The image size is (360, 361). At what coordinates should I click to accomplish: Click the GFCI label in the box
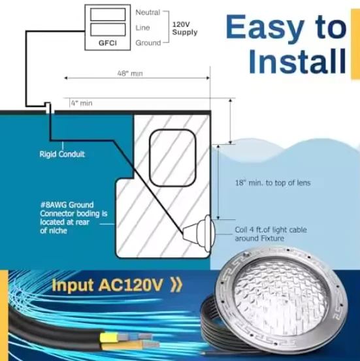[108, 43]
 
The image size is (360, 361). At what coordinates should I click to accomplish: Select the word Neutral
[148, 12]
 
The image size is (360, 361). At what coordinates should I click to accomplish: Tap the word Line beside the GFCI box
[142, 27]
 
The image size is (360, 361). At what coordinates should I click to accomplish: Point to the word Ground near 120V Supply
[148, 43]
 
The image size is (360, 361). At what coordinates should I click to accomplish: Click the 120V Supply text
[185, 28]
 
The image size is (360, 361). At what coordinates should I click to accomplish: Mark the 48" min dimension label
[130, 74]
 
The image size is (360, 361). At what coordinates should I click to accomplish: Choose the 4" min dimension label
[82, 103]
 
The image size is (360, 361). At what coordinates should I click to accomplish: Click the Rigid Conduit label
[62, 154]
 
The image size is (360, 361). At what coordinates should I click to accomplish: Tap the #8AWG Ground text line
[67, 205]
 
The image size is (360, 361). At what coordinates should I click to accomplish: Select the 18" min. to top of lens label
[273, 183]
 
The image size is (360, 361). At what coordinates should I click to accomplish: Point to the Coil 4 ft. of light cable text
[270, 230]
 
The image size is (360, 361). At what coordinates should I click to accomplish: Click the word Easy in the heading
[265, 29]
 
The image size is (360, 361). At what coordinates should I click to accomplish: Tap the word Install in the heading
[297, 61]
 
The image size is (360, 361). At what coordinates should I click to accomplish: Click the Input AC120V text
[108, 285]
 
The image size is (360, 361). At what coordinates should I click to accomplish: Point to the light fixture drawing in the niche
[199, 233]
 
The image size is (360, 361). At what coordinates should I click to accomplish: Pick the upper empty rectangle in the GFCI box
[108, 14]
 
